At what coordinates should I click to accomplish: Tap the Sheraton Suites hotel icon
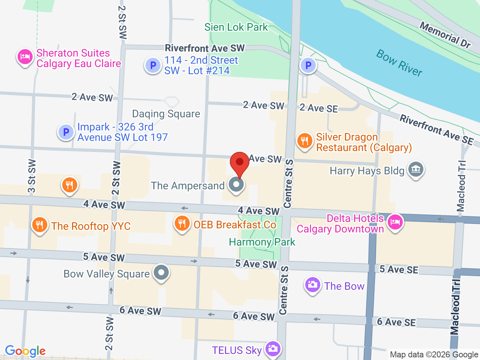[25, 57]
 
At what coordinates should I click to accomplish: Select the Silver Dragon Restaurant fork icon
[304, 141]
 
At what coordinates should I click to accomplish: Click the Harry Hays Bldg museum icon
[416, 169]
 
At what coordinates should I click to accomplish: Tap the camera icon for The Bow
[312, 285]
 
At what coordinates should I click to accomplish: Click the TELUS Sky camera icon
[273, 349]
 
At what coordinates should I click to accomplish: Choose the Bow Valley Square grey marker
[162, 273]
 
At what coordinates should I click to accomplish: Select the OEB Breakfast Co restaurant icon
[182, 223]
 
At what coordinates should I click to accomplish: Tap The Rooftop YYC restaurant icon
[39, 225]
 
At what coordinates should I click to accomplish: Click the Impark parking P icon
[66, 132]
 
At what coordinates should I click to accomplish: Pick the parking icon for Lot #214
[153, 65]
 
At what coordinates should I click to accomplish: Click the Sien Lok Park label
[236, 27]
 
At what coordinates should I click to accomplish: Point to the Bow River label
[399, 63]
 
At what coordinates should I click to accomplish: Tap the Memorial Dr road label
[445, 35]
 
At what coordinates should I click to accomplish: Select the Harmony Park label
[262, 242]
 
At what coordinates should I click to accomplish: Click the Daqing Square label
[166, 114]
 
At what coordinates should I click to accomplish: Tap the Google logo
[25, 351]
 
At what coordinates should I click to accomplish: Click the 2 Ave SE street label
[319, 108]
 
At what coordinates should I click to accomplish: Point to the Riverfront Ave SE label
[436, 129]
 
